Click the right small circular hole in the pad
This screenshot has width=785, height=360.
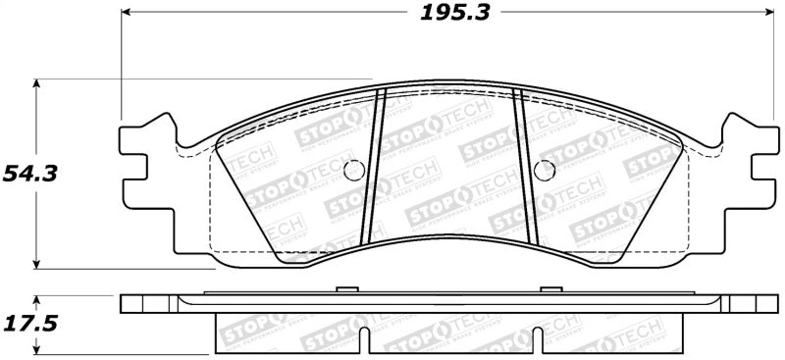click(x=542, y=168)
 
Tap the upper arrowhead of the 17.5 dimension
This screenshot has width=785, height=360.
click(x=37, y=296)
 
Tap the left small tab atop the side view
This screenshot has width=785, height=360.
click(x=344, y=289)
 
